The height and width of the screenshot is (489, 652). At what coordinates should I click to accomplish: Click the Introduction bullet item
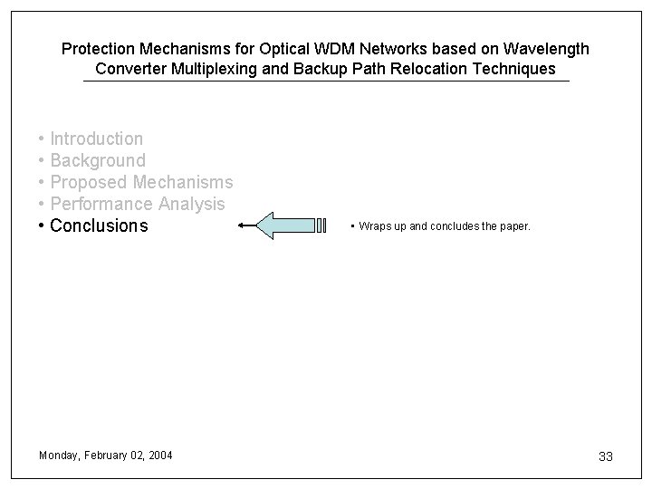tap(96, 139)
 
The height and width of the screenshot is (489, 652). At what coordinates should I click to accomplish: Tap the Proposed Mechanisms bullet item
tap(141, 182)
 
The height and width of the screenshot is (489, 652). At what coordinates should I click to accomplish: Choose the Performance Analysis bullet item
tap(137, 204)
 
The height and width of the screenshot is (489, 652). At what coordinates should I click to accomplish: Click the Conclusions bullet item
tap(98, 225)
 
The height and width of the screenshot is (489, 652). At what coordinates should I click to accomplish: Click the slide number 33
tap(606, 456)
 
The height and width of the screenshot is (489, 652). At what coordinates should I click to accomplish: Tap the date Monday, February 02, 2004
tap(106, 455)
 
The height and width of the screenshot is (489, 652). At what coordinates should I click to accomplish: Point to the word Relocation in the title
tap(442, 69)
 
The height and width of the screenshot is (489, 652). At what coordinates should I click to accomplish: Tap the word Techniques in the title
tap(519, 69)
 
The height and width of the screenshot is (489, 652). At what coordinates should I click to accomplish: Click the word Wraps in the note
tap(373, 226)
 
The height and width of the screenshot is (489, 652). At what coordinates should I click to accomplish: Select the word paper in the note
tap(513, 226)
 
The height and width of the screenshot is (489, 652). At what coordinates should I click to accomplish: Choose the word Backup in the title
tap(320, 69)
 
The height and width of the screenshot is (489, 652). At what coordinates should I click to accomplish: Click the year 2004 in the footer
tap(160, 455)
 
